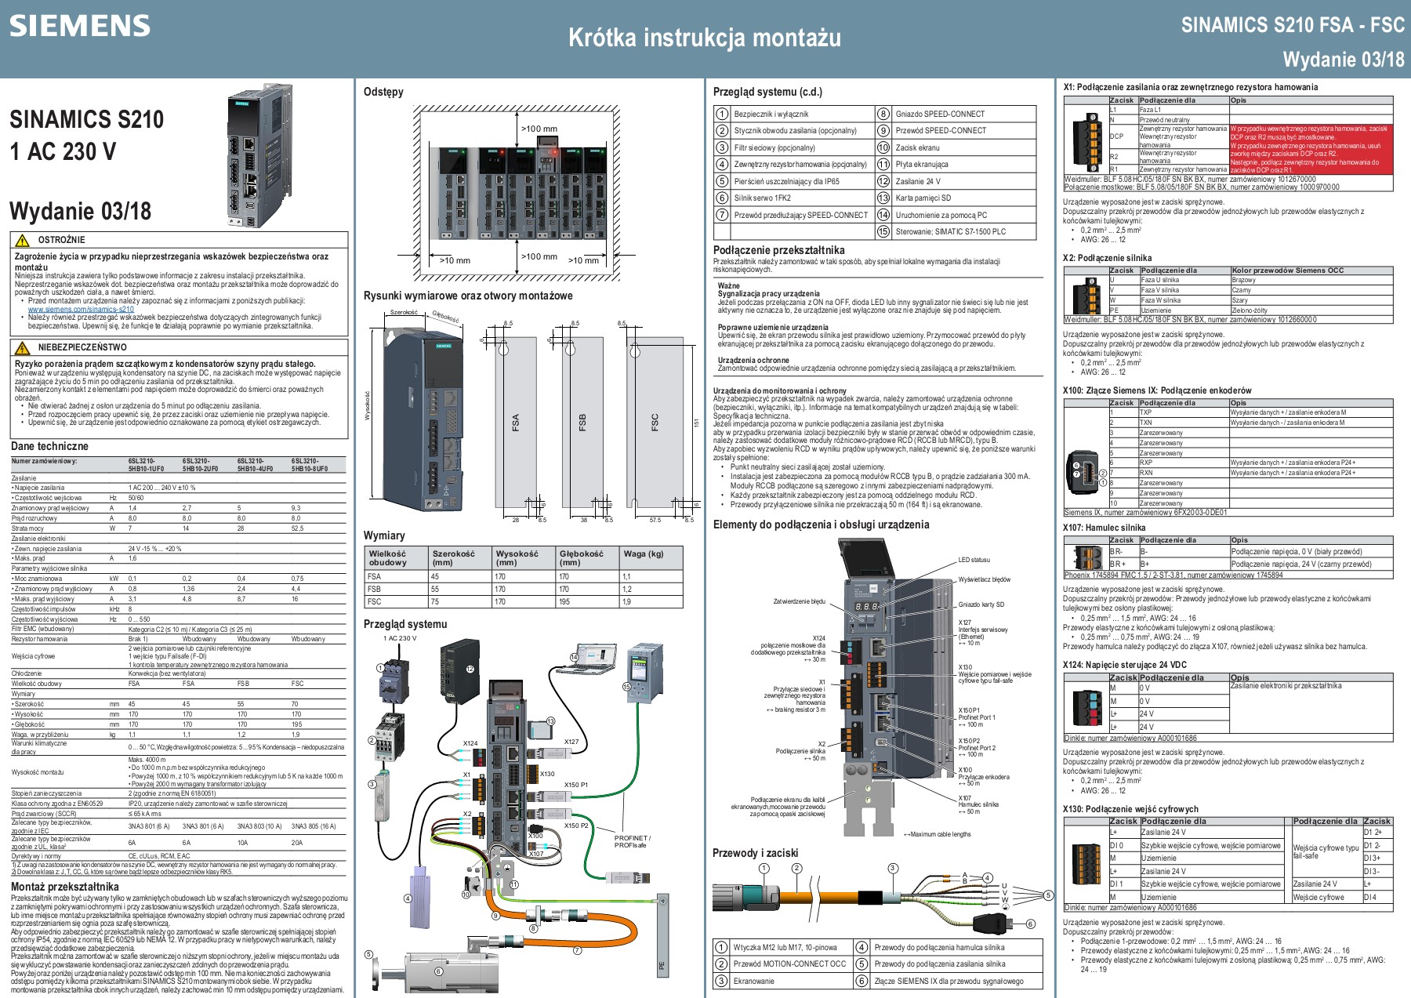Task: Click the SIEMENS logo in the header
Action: [79, 26]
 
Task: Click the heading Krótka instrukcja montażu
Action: [704, 38]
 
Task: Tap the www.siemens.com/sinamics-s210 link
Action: [81, 309]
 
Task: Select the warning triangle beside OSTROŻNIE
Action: [23, 241]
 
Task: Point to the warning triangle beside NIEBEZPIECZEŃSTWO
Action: [23, 348]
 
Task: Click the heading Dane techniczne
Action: [49, 446]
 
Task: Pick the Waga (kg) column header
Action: [644, 553]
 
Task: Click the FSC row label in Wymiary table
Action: [375, 601]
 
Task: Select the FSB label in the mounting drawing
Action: [582, 423]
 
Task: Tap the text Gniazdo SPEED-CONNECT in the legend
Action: [940, 114]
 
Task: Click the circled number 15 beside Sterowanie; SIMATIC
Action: [883, 231]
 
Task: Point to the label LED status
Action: [974, 560]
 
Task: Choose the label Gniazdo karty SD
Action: [981, 604]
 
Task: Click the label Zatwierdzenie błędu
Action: [799, 601]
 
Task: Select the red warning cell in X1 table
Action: [1311, 149]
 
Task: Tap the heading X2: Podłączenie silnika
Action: [1107, 258]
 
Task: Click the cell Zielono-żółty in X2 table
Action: [1249, 310]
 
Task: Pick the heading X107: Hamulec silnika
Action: [1104, 528]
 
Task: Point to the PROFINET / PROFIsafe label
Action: [632, 841]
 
